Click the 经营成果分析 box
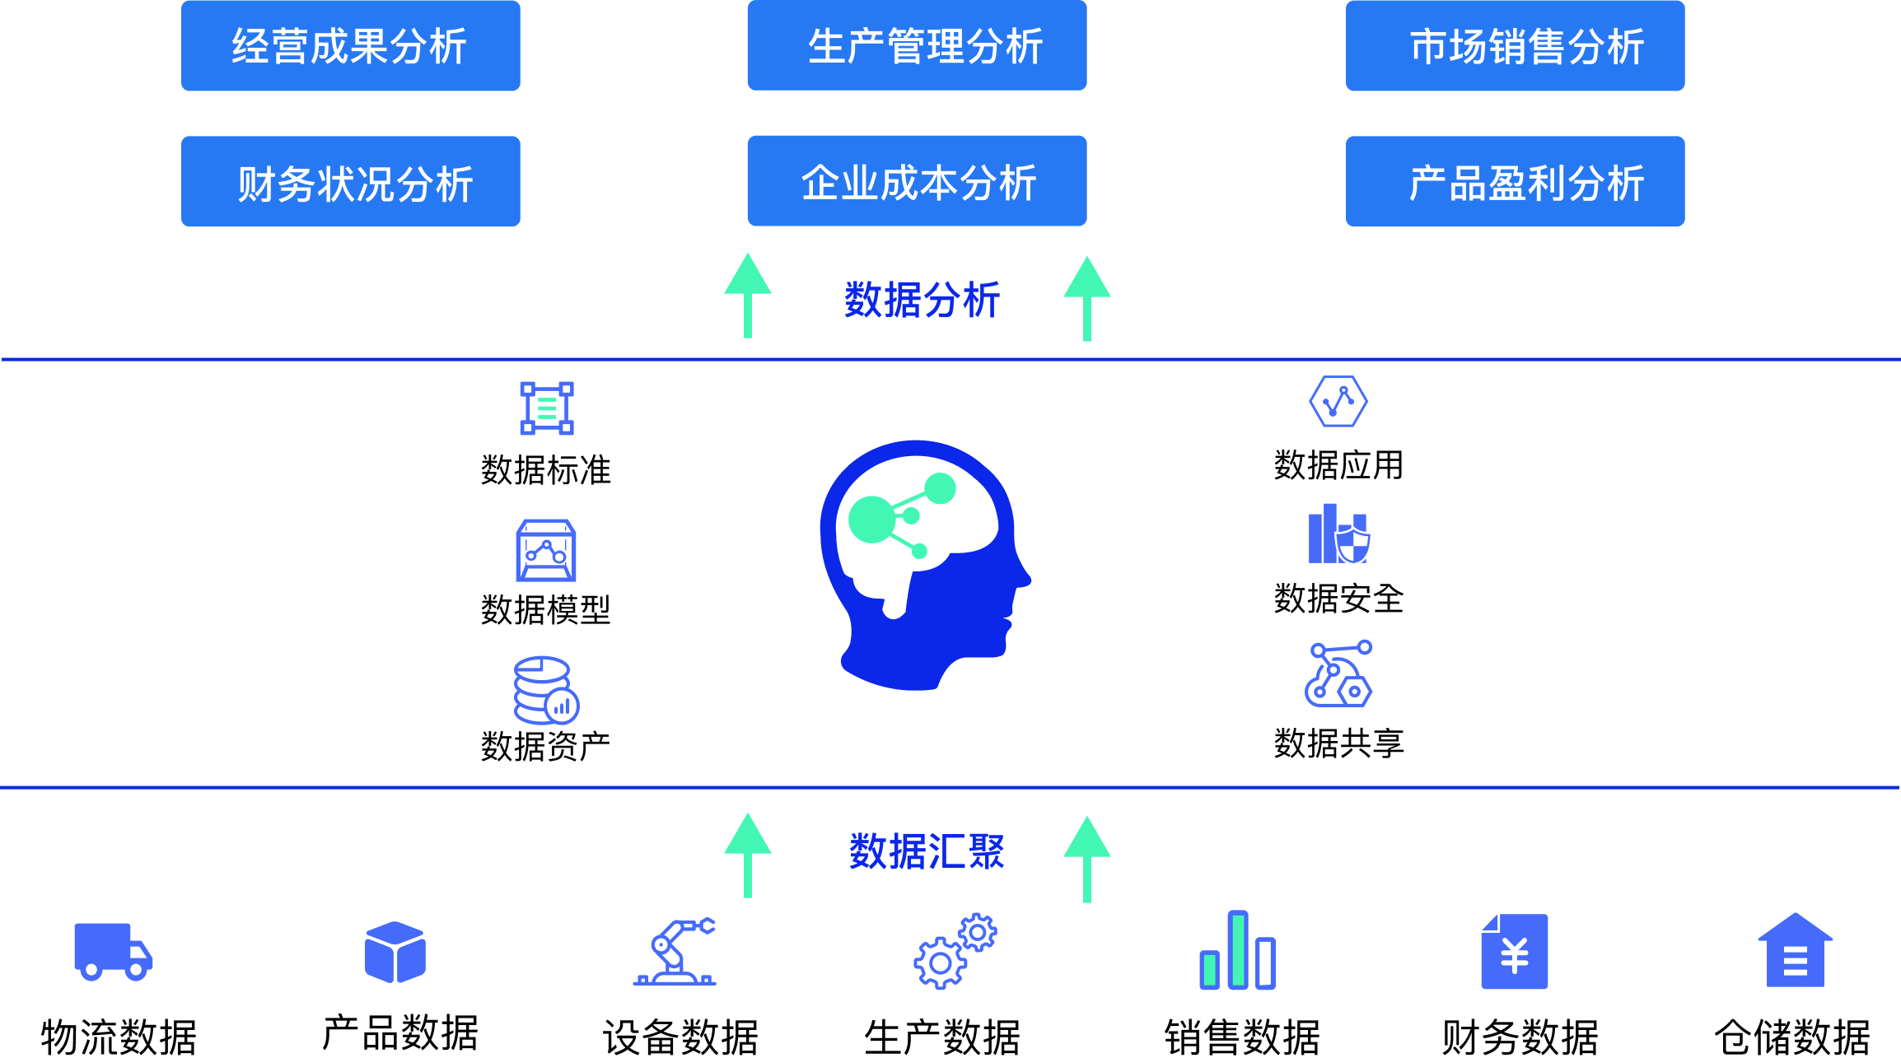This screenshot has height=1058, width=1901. click(x=350, y=46)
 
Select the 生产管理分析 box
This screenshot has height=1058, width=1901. click(x=917, y=46)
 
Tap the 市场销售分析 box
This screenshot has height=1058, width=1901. click(x=1515, y=46)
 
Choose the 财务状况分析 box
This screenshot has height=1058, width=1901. click(x=350, y=182)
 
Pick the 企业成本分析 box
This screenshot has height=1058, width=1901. click(x=917, y=182)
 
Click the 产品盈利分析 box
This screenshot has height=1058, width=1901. click(x=1515, y=182)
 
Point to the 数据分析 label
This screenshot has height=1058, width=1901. click(x=922, y=300)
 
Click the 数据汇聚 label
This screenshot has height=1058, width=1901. click(x=926, y=851)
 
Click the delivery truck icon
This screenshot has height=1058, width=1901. click(x=113, y=952)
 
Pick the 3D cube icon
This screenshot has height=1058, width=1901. click(x=395, y=952)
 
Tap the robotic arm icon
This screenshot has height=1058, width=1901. click(x=675, y=952)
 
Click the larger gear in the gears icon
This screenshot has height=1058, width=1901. click(x=940, y=963)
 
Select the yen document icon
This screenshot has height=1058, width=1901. click(x=1514, y=952)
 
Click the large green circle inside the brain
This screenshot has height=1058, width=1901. click(x=871, y=519)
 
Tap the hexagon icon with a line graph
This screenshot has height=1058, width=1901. click(x=1338, y=402)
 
